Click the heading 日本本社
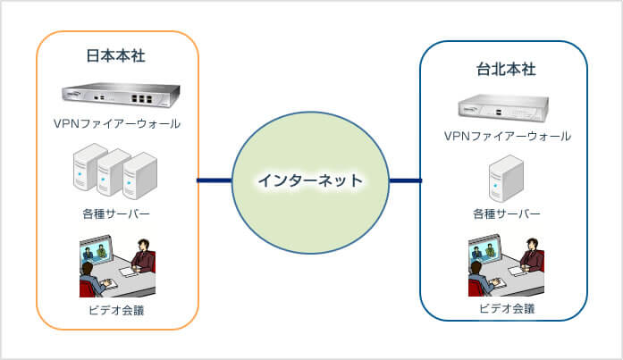pos(115,55)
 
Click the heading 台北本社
pos(506,69)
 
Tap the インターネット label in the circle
pos(310,180)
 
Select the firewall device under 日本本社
pos(121,95)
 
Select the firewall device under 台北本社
pos(503,107)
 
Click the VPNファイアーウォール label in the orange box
pos(117,124)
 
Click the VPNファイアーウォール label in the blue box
pos(508,136)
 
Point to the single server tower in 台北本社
pos(506,179)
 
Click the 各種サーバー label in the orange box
pos(116,213)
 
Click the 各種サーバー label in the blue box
pos(507,213)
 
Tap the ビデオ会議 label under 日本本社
pos(116,310)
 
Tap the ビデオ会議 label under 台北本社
pos(507,308)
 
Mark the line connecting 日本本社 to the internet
pos(215,180)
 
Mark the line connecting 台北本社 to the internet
pos(405,180)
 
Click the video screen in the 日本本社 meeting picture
pos(96,251)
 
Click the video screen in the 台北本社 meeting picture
pos(484,250)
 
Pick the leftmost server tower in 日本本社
pos(88,167)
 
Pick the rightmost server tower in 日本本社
pos(139,175)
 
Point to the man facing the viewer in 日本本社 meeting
pos(143,256)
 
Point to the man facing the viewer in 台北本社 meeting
pos(532,255)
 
